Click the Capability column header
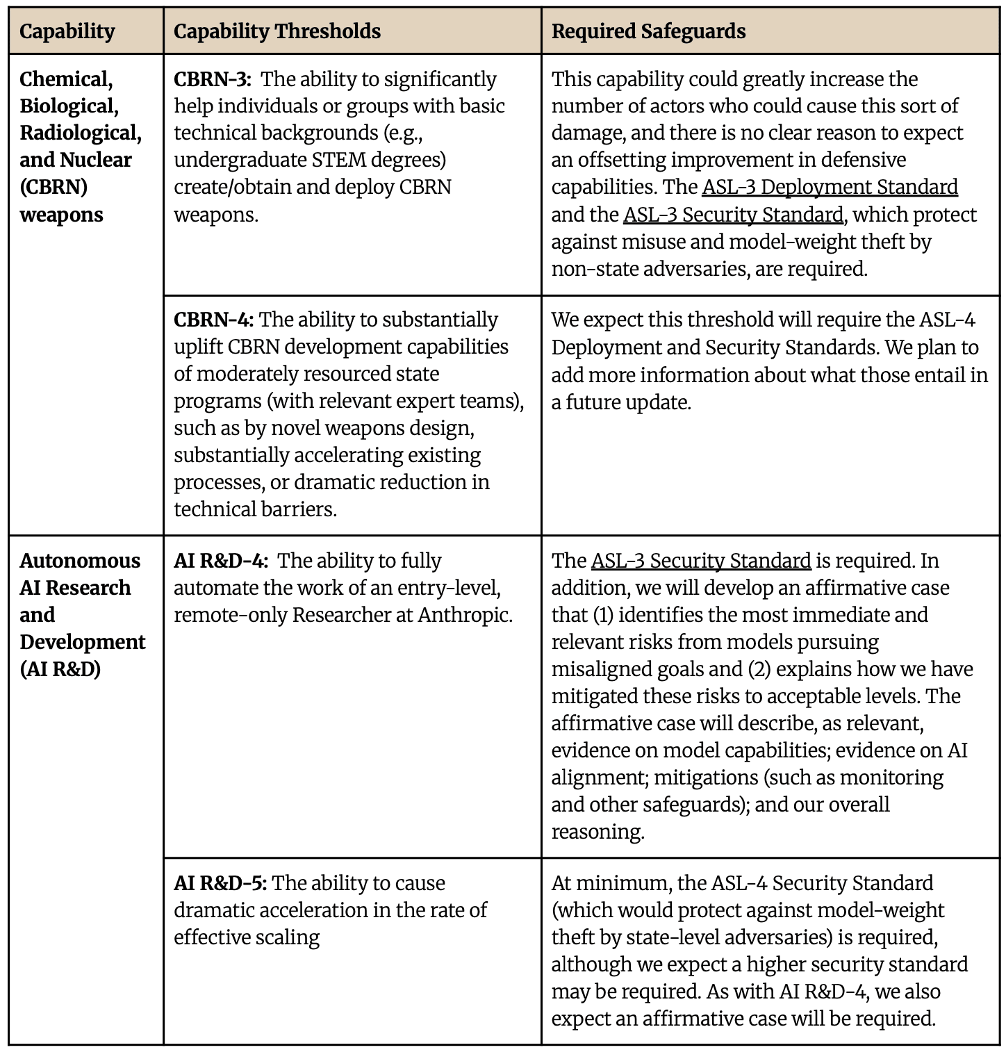coord(67,31)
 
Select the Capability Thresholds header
coord(277,31)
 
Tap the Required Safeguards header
coord(648,31)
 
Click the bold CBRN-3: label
coord(212,79)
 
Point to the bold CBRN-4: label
coord(213,320)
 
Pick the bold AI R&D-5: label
coord(220,883)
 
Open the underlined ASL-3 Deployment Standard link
coord(830,187)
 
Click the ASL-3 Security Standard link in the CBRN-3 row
coord(733,215)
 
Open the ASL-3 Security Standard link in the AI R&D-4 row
coord(701,561)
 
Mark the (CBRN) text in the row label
coord(53,187)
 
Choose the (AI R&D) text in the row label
coord(60,669)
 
